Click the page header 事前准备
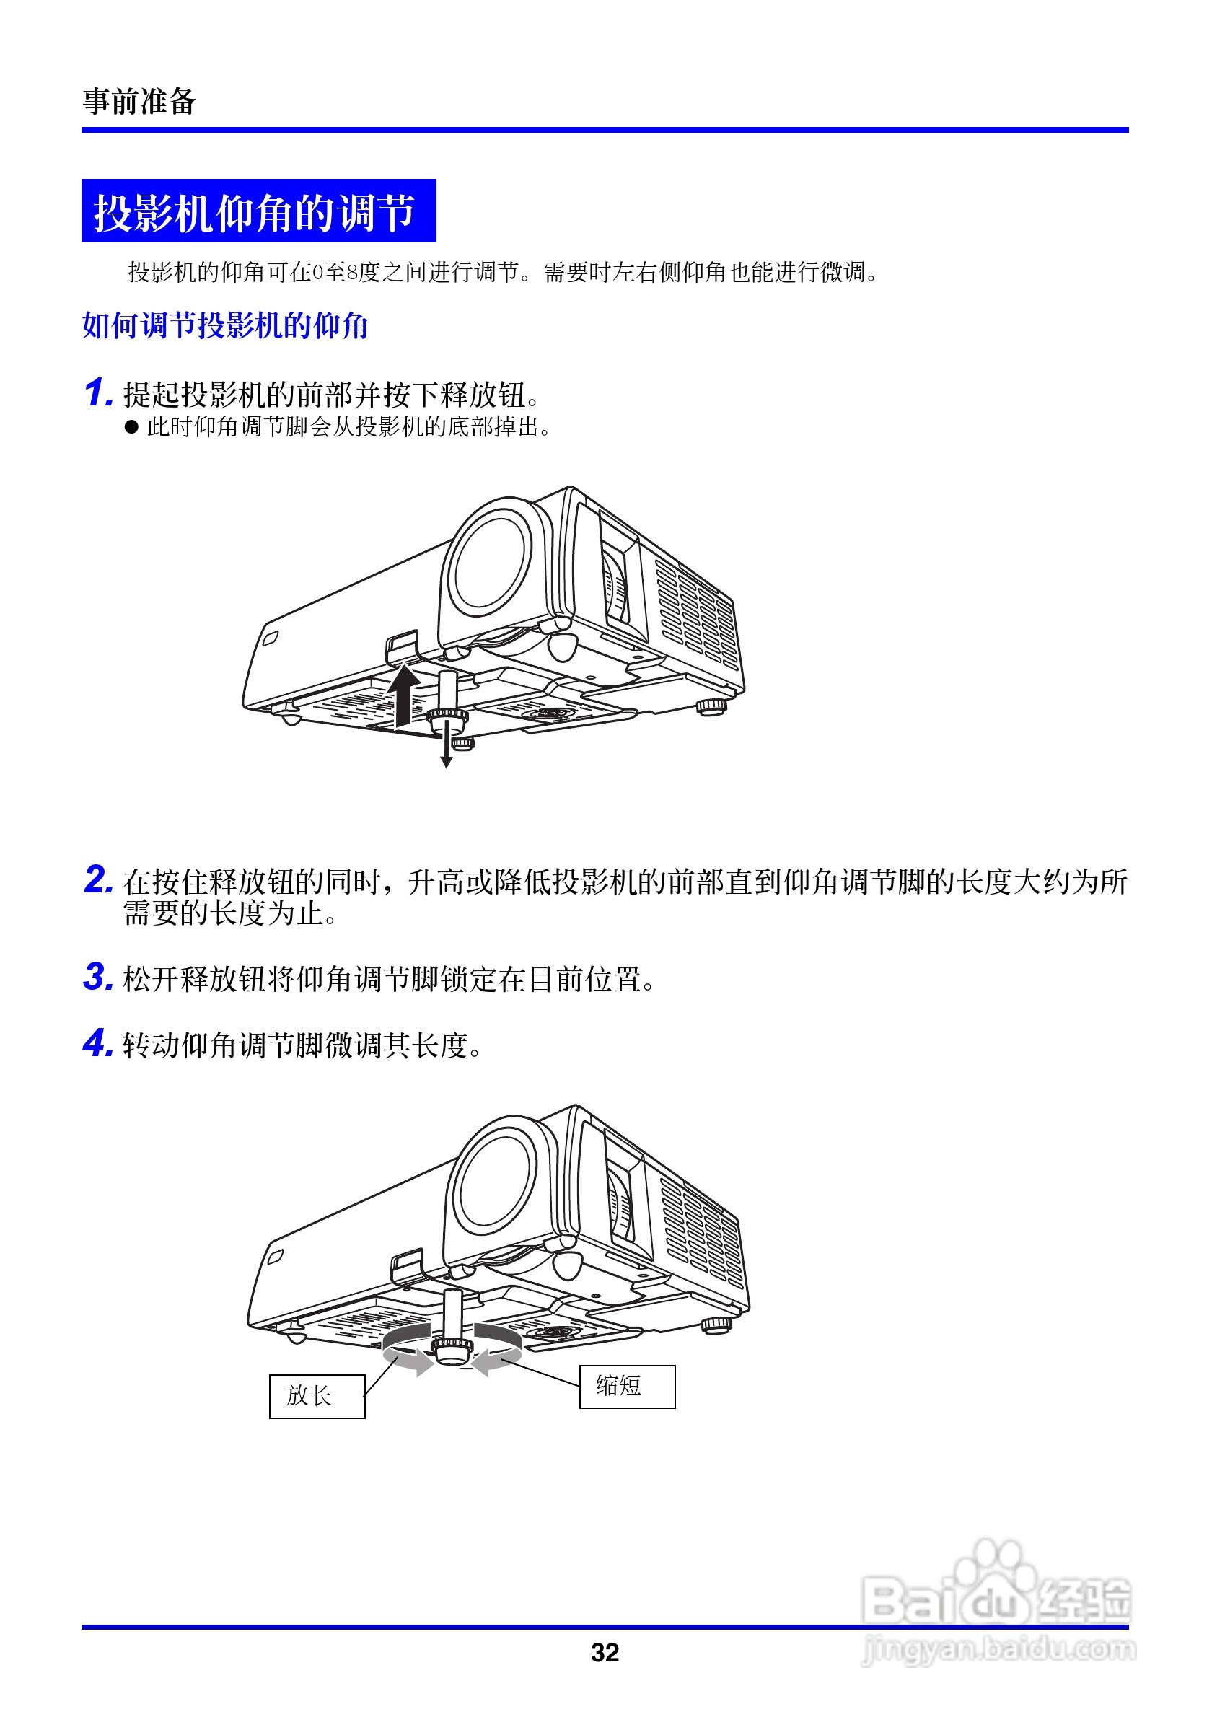(139, 101)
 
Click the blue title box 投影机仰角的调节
(258, 211)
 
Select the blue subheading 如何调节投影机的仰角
(224, 326)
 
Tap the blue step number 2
(97, 879)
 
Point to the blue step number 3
(97, 977)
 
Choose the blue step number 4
(97, 1043)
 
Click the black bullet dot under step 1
(131, 427)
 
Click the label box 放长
(317, 1395)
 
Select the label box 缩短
(627, 1386)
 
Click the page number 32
(605, 1653)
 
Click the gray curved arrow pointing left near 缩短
(497, 1356)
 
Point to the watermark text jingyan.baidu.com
(998, 1649)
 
